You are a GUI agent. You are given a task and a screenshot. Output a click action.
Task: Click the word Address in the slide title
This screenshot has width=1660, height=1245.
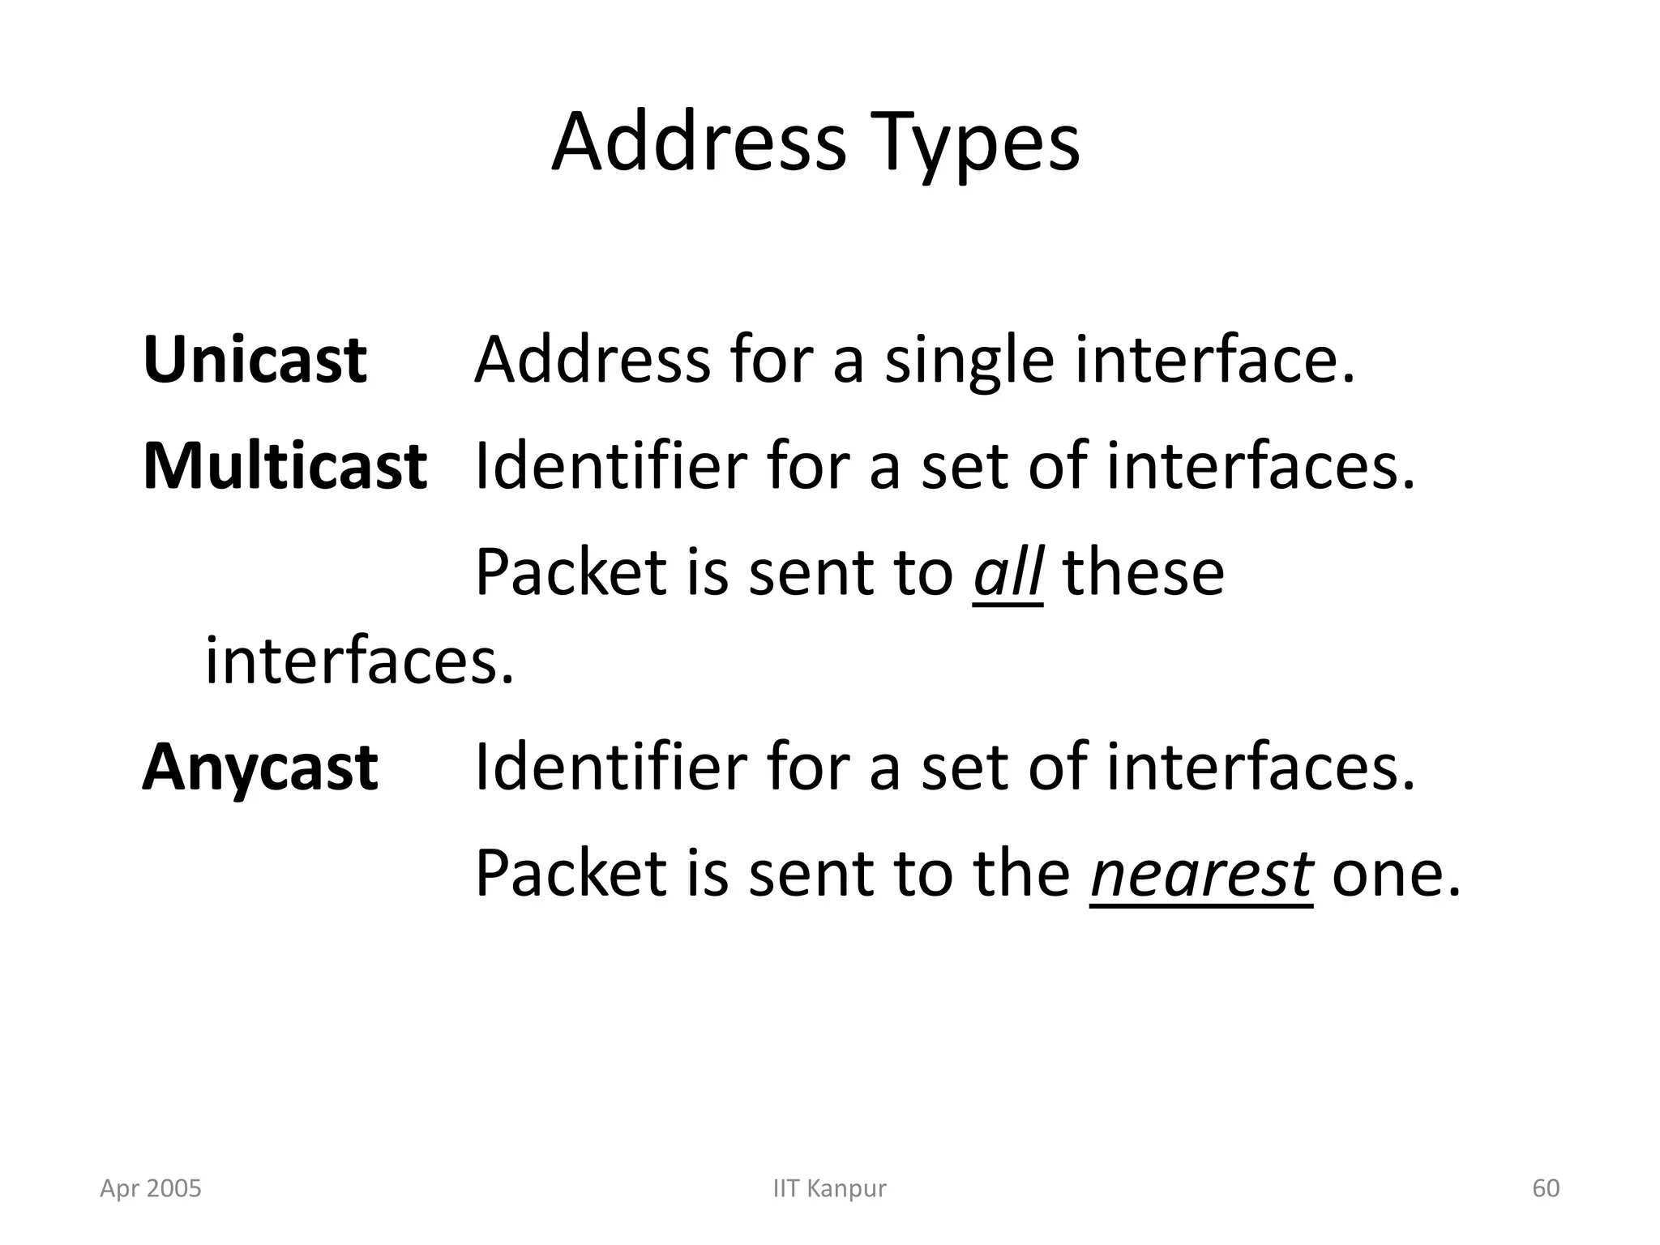699,143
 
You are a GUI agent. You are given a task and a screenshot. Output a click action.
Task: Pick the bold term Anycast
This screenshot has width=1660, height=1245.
260,767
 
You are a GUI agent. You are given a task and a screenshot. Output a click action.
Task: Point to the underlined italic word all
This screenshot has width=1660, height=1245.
1008,572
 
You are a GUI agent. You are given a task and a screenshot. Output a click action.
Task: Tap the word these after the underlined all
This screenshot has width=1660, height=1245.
1144,572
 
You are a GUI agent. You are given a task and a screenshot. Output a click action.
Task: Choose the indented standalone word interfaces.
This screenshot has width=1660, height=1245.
359,661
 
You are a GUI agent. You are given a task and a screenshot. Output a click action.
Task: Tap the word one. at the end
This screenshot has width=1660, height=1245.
1396,875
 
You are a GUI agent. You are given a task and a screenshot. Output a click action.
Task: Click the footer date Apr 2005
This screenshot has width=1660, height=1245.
151,1188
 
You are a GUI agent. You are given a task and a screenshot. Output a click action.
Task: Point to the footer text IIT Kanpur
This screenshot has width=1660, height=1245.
829,1188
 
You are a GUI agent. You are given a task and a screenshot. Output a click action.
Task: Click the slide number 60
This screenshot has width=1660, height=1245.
1546,1188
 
